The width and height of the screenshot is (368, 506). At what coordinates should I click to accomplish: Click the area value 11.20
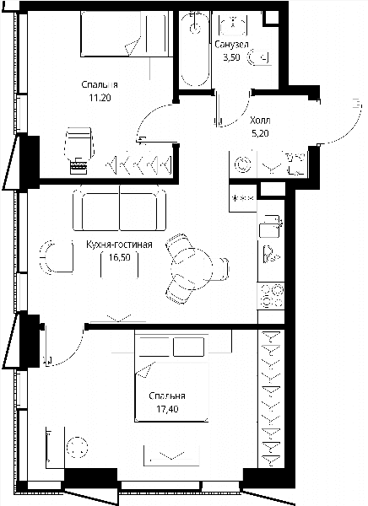tap(100, 98)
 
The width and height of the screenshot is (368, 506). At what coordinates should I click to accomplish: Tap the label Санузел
tap(231, 44)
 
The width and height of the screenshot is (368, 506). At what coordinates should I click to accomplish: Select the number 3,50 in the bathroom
tap(231, 57)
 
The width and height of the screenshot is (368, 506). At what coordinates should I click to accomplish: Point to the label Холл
tap(260, 121)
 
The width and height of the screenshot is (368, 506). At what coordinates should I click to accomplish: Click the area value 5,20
tap(260, 133)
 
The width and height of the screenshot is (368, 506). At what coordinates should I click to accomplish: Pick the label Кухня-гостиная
tap(119, 245)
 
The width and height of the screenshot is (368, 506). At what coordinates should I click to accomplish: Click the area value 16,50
tap(120, 257)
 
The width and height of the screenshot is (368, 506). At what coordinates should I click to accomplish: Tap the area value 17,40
tap(167, 409)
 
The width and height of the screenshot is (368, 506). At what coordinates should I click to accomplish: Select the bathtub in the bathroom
tap(194, 49)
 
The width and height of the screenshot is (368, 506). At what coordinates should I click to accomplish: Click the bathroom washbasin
tap(233, 24)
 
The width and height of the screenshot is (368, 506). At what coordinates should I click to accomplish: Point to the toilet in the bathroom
tap(258, 57)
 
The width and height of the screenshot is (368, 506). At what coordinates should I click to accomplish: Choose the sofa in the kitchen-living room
tap(120, 207)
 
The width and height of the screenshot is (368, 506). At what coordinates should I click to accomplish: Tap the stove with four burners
tap(271, 296)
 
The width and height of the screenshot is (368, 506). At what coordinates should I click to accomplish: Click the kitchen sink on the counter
tap(270, 226)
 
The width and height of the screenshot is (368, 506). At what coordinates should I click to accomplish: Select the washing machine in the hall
tap(243, 164)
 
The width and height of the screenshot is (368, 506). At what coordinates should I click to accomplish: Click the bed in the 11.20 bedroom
tap(125, 34)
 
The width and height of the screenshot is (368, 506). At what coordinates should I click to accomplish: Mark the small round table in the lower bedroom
tap(77, 447)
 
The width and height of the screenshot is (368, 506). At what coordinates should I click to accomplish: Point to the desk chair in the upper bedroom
tap(79, 144)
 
